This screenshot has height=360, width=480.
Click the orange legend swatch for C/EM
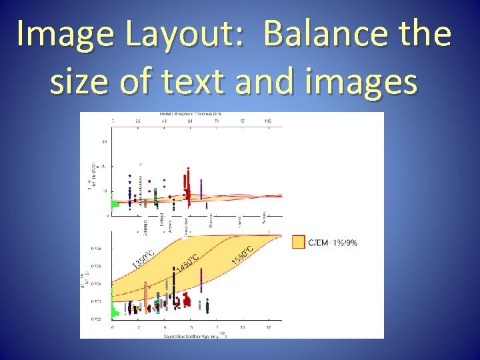298,242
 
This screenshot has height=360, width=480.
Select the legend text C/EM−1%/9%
332,243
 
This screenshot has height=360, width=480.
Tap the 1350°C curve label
143,261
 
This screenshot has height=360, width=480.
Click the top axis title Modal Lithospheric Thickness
190,114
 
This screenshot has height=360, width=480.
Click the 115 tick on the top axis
268,121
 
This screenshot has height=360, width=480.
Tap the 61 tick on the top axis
190,121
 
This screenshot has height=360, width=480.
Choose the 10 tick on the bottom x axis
242,327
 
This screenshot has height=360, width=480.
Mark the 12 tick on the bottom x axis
268,327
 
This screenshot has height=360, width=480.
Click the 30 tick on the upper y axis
104,141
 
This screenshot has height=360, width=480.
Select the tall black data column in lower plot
173,287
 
